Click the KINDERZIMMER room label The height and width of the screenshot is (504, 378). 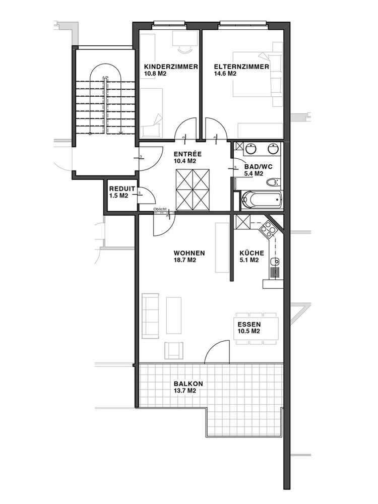(x=171, y=67)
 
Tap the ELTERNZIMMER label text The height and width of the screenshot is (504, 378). (x=241, y=67)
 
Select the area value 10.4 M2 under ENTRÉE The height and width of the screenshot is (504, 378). (x=185, y=161)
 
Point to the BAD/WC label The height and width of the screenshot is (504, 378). (x=259, y=167)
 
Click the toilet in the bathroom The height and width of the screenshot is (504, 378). (x=272, y=182)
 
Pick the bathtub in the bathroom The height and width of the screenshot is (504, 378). (x=262, y=200)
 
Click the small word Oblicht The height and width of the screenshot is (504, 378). (x=160, y=209)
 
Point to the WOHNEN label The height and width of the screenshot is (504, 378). (x=189, y=254)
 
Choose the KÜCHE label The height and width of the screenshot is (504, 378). (x=251, y=254)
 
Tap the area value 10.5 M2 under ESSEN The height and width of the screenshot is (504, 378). (x=248, y=332)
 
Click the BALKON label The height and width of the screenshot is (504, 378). (x=188, y=384)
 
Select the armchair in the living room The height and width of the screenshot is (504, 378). (x=173, y=350)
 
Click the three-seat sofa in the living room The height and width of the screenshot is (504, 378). (x=150, y=316)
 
